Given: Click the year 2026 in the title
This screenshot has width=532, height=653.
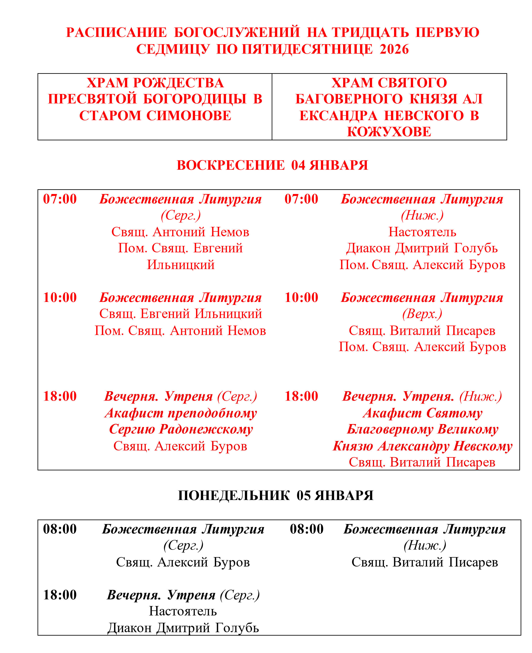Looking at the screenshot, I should click(394, 49).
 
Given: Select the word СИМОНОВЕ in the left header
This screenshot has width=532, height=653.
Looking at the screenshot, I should click(189, 116).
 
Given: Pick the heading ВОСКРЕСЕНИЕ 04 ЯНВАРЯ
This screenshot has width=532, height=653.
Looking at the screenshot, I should click(272, 165).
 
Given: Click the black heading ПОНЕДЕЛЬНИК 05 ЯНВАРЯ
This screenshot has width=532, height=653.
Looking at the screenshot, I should click(276, 496).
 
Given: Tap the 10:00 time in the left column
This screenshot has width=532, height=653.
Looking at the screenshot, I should click(60, 297).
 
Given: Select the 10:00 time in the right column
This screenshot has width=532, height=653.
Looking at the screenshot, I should click(301, 297).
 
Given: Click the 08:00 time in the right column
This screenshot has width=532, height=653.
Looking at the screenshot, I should click(306, 529).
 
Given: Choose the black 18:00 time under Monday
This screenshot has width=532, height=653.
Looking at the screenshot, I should click(60, 595).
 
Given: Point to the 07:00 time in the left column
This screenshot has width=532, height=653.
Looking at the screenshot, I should click(60, 199).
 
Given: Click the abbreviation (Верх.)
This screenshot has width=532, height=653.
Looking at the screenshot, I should click(422, 314).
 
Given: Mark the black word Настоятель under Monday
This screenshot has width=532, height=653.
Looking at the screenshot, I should click(183, 611).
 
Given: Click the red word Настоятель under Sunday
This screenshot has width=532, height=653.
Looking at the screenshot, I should click(422, 232).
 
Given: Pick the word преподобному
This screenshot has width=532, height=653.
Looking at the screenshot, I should click(212, 413).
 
